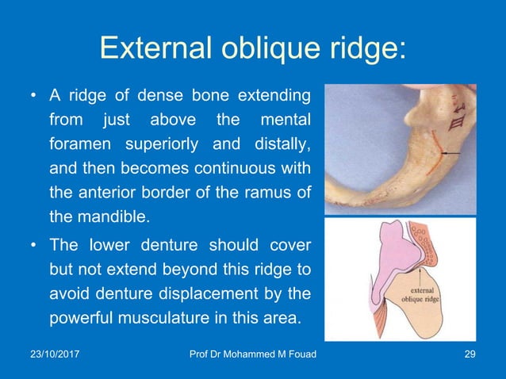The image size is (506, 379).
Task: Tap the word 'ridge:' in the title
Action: click(366, 48)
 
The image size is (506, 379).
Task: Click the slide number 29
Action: click(469, 364)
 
